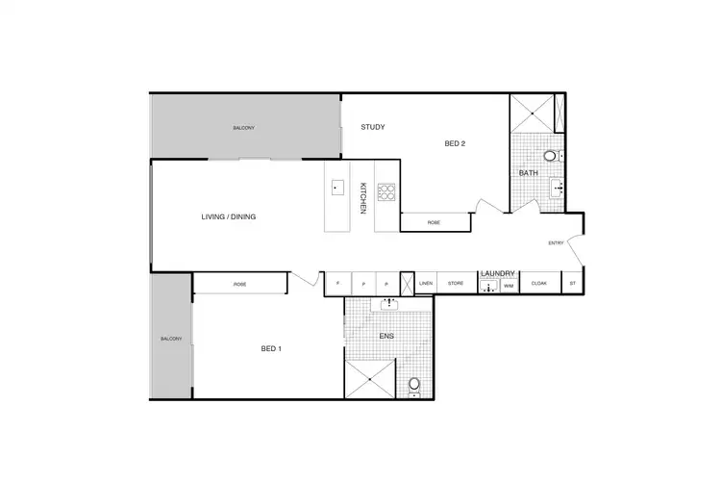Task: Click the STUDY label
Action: [x=373, y=127]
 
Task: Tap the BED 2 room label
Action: [x=455, y=144]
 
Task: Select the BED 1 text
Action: [x=271, y=348]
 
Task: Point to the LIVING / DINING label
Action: [x=228, y=216]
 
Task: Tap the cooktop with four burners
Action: [x=386, y=192]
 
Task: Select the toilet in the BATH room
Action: [x=551, y=155]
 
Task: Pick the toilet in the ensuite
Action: [x=414, y=385]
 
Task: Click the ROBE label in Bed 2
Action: [x=434, y=222]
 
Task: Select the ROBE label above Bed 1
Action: [x=239, y=285]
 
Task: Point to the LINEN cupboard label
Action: [x=427, y=284]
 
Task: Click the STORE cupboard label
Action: [x=456, y=284]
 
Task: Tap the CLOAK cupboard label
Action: [x=538, y=284]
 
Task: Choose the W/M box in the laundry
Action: [x=508, y=286]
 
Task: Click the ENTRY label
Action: [x=556, y=242]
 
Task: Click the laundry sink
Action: [x=488, y=286]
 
